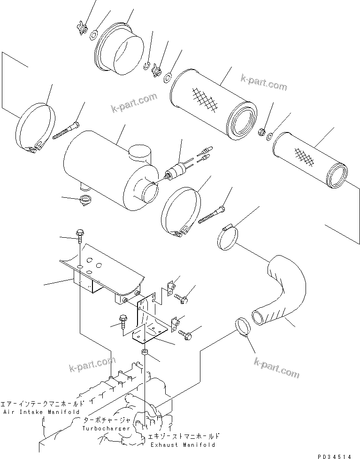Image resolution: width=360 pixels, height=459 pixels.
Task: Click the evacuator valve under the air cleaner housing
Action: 85,200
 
